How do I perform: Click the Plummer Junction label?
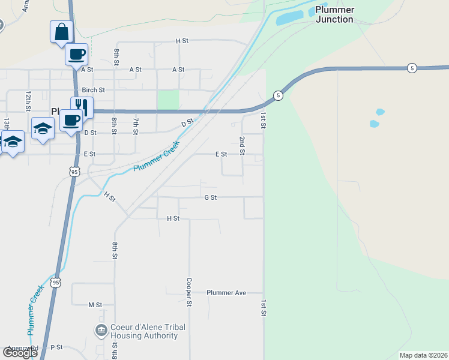click(x=334, y=14)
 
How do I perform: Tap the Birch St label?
click(x=94, y=90)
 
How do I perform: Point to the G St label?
click(x=210, y=197)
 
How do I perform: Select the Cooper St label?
click(x=188, y=292)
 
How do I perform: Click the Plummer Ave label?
click(x=226, y=293)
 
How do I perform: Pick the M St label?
click(x=95, y=305)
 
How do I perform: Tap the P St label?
click(x=56, y=347)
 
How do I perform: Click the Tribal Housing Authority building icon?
click(x=101, y=330)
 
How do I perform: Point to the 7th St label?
click(x=136, y=125)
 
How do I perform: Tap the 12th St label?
click(x=28, y=101)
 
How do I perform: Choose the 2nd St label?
click(x=242, y=145)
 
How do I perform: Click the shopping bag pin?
click(x=61, y=31)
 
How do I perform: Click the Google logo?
click(x=19, y=353)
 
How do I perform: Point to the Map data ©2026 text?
click(x=423, y=355)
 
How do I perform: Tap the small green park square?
click(x=168, y=100)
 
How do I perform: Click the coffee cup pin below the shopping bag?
click(x=76, y=54)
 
